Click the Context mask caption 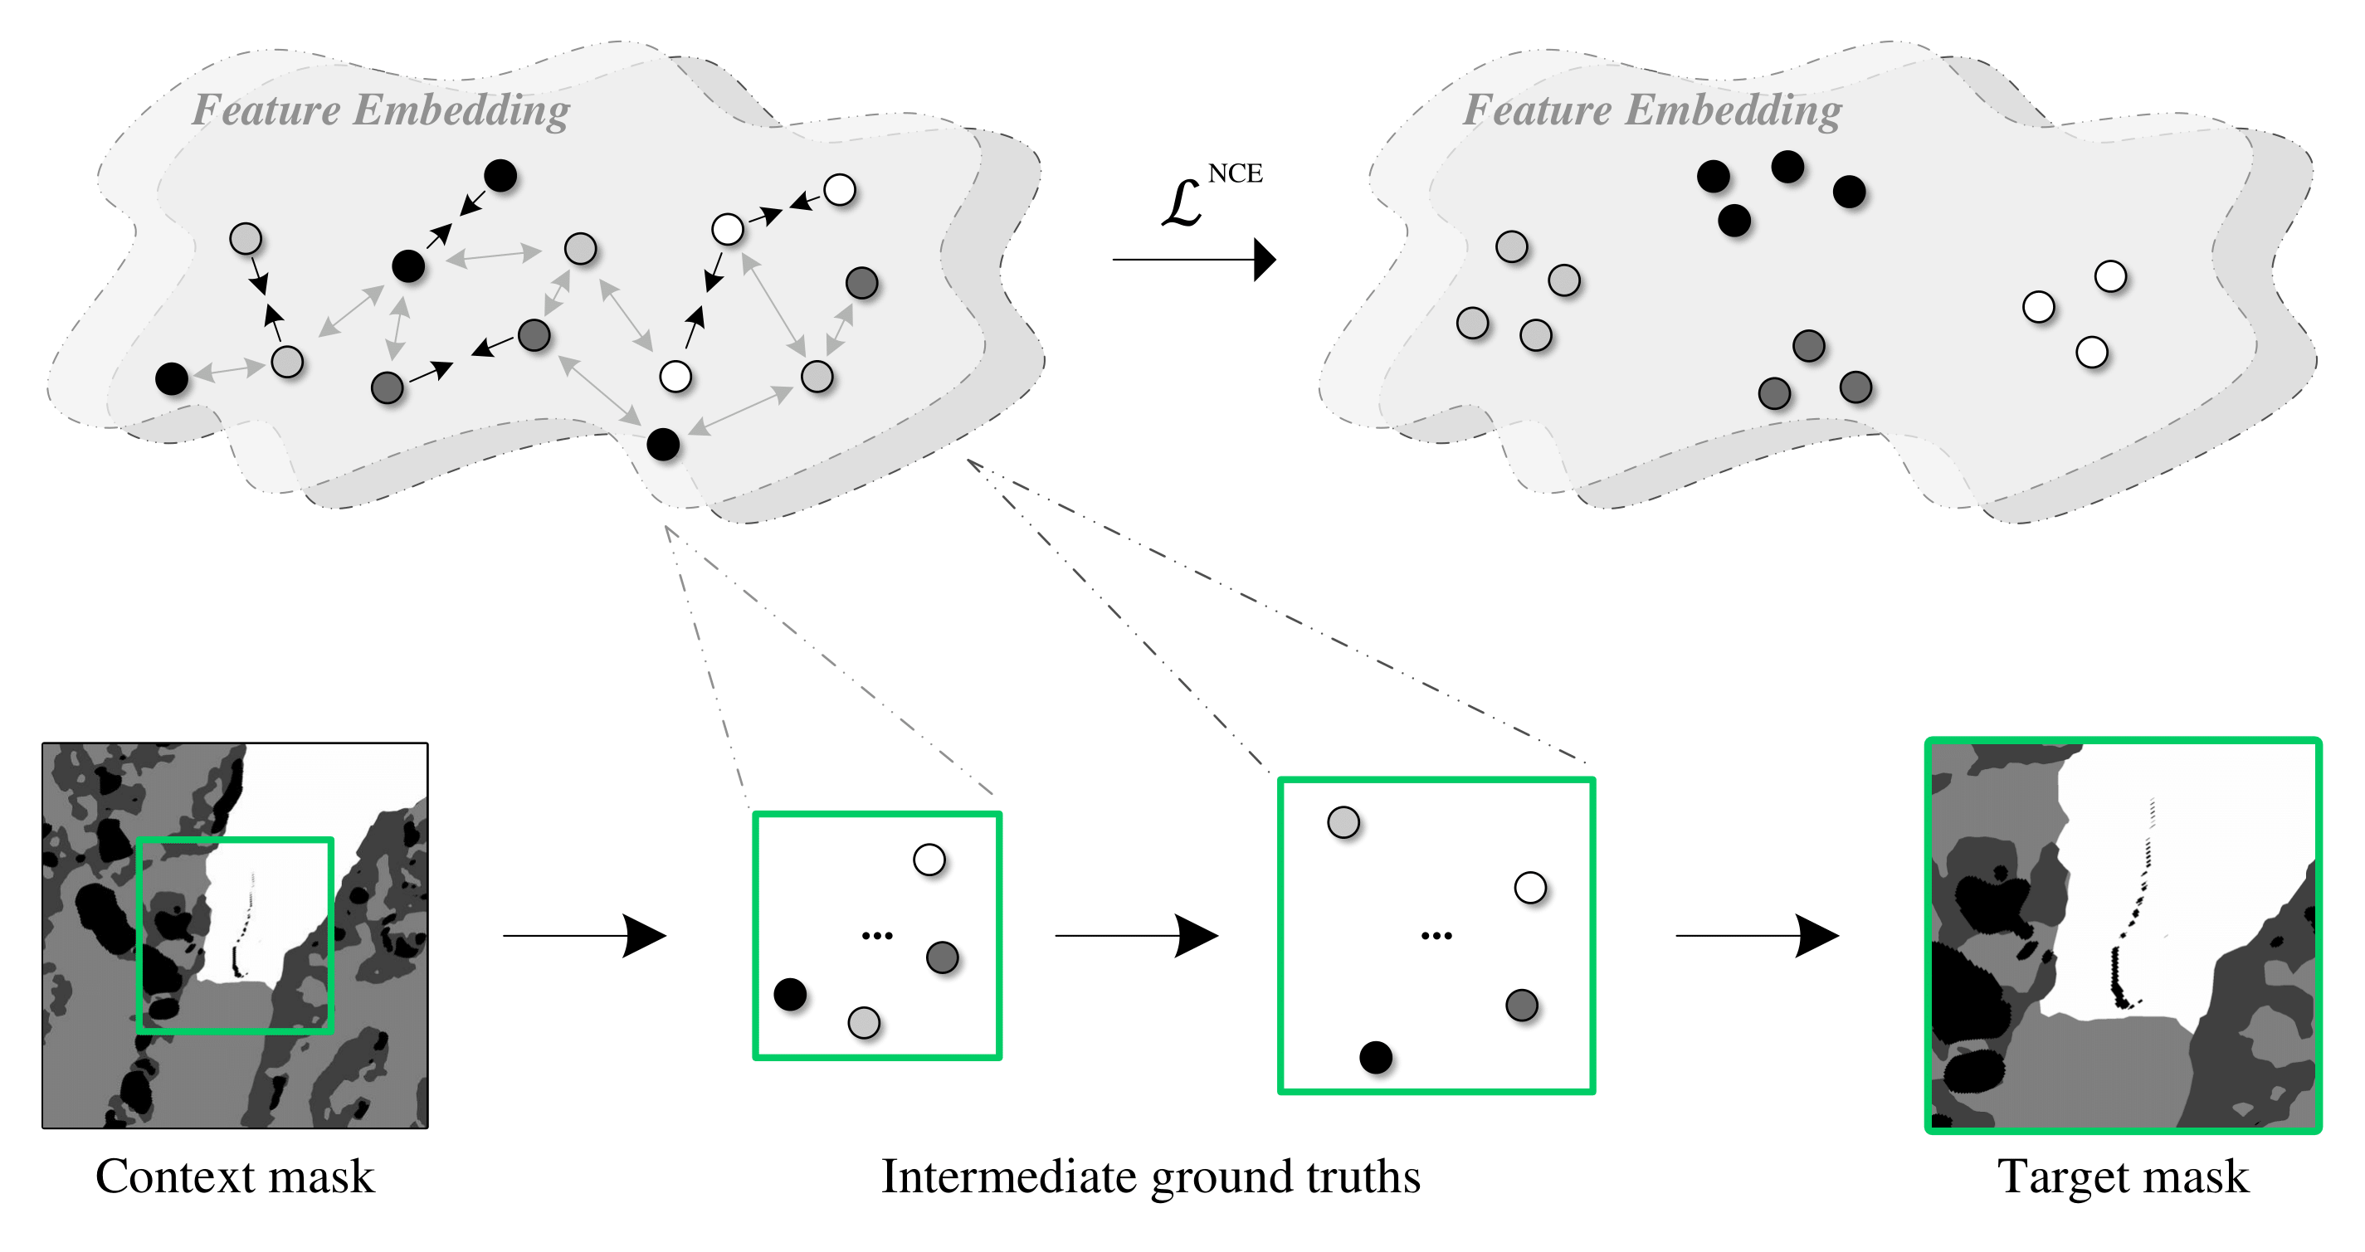[x=235, y=1176]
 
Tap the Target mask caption [x=2123, y=1176]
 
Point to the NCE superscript [x=1235, y=173]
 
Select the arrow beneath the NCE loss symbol [x=1193, y=260]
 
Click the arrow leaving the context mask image [x=584, y=935]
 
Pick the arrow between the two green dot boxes [x=1137, y=935]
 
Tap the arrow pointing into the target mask [x=1756, y=935]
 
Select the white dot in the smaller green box [x=929, y=860]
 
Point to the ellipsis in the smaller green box [x=877, y=936]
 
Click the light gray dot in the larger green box [x=1343, y=822]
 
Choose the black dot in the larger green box [x=1375, y=1057]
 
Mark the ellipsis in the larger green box [x=1436, y=936]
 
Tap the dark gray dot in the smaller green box [x=942, y=957]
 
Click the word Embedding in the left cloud [x=462, y=111]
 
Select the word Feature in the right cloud [x=1538, y=110]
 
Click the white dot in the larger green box [x=1529, y=888]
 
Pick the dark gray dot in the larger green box [x=1521, y=1005]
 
